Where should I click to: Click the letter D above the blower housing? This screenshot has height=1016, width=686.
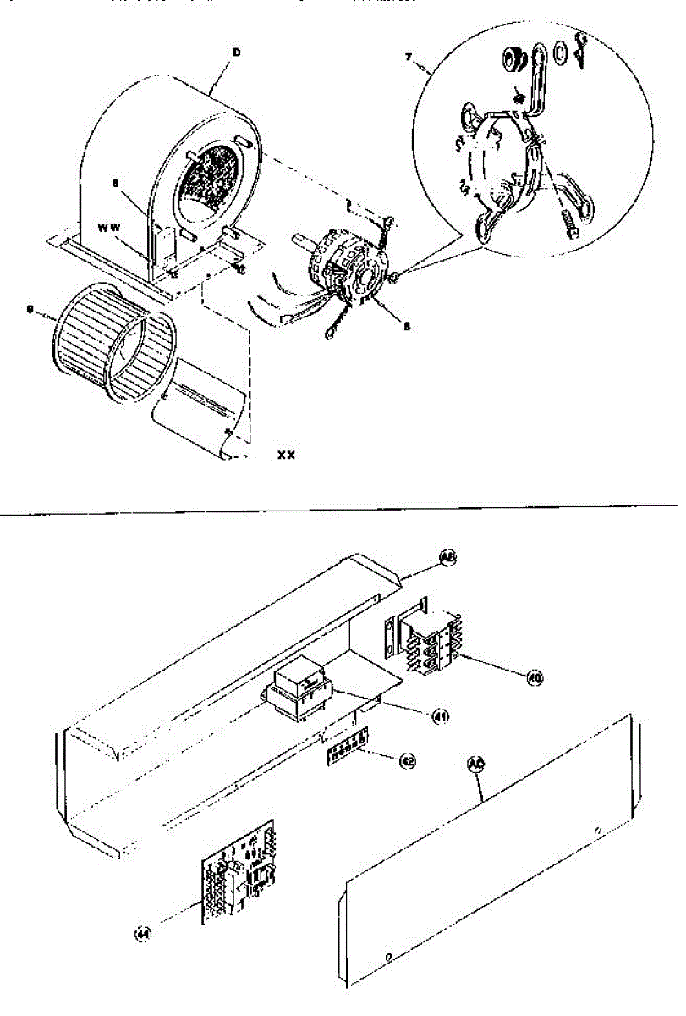tap(237, 52)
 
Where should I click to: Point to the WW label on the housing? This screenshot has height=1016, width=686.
tap(109, 228)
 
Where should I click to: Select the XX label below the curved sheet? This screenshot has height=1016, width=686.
tap(287, 455)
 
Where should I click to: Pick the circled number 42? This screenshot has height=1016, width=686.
tap(408, 761)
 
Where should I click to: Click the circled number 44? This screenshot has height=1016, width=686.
tap(144, 934)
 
